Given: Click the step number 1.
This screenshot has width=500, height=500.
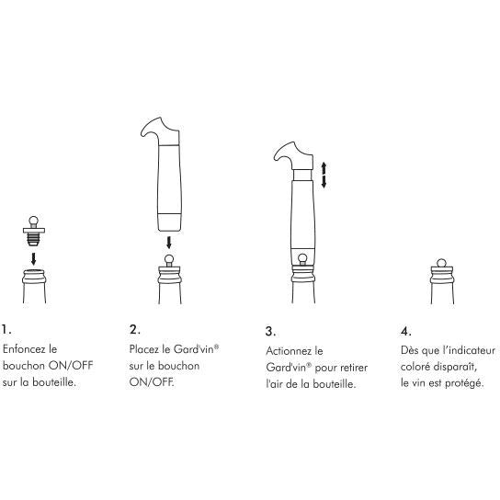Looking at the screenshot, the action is [6, 329].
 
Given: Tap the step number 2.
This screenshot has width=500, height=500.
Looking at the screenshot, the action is [134, 329].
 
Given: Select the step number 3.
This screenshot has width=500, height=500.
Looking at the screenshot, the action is [270, 331].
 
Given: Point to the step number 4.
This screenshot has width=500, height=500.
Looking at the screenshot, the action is [405, 331].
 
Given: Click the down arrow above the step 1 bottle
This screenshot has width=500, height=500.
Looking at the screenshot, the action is [33, 258].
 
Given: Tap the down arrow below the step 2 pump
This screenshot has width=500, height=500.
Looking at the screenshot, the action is [169, 243].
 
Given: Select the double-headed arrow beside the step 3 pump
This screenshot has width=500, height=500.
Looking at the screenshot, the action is [324, 175].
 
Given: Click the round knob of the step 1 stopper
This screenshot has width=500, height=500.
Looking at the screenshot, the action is [33, 221].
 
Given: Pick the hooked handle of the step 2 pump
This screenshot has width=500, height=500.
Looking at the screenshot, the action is [161, 131].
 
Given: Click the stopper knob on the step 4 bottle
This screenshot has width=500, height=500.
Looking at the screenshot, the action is [442, 263].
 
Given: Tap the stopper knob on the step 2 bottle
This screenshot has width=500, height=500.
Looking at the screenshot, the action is [169, 259].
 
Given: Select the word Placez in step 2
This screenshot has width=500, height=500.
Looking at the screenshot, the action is [144, 349].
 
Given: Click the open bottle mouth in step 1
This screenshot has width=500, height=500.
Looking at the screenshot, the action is [34, 272].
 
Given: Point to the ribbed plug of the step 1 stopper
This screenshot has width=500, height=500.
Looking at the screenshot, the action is [33, 239].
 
